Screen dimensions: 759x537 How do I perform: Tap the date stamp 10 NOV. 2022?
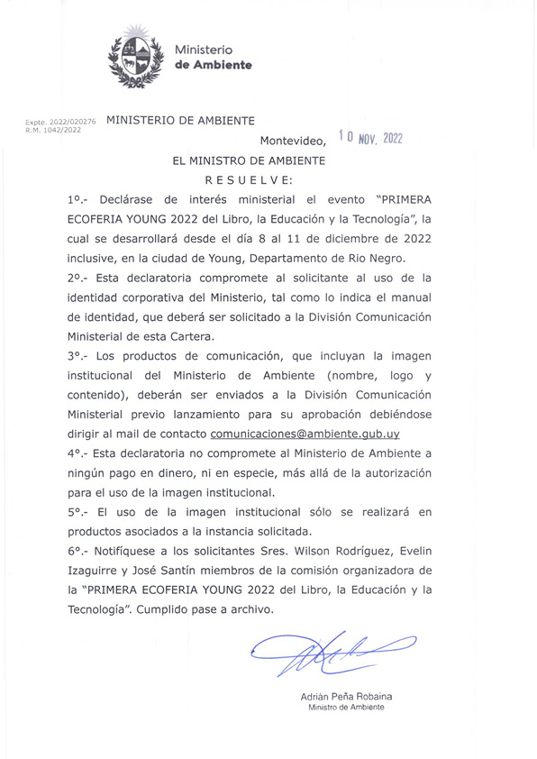click(x=370, y=138)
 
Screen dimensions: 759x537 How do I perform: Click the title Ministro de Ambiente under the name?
click(x=346, y=708)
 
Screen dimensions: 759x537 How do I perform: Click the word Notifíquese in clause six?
click(x=132, y=551)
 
